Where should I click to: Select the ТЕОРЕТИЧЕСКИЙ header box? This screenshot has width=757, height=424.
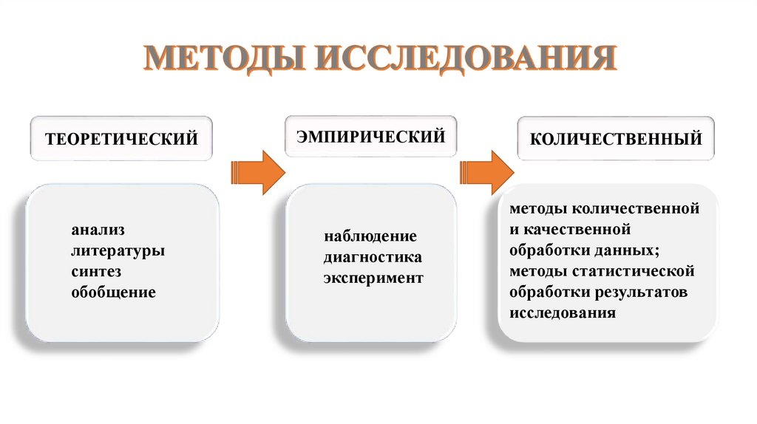click(x=121, y=138)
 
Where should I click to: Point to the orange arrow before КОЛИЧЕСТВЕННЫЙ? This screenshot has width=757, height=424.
click(x=487, y=173)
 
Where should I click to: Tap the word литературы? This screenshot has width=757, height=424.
click(x=118, y=250)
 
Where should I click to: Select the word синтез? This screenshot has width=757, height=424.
click(x=96, y=271)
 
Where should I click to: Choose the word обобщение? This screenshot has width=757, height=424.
click(x=113, y=292)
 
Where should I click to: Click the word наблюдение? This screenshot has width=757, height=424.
click(x=370, y=237)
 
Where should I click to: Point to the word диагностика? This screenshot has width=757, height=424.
click(x=373, y=258)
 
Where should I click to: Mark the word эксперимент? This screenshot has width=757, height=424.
click(x=373, y=278)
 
